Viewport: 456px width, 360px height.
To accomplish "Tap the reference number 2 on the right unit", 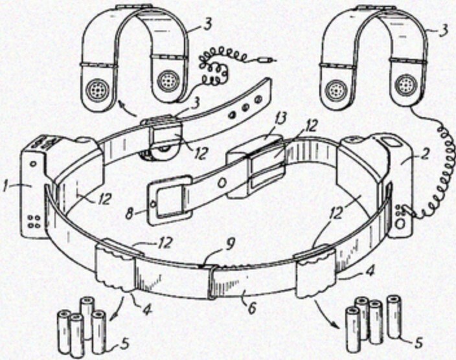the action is click(x=425, y=154).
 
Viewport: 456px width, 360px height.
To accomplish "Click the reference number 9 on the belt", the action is click(x=229, y=245).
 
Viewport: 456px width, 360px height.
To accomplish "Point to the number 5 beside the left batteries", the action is click(x=124, y=345).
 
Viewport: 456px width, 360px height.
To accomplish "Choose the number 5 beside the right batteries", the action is click(x=418, y=342).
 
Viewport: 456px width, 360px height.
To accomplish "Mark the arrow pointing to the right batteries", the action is click(x=325, y=314).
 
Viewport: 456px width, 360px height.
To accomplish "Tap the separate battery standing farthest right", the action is click(x=393, y=317).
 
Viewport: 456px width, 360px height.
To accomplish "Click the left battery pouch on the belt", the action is click(x=115, y=269).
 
